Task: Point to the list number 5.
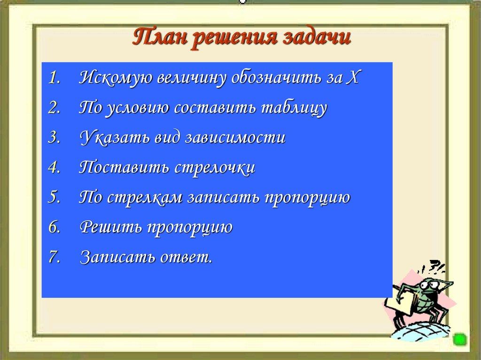pos(54,198)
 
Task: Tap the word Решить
pos(110,228)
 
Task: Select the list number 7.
pos(54,258)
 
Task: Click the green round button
pos(459,339)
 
